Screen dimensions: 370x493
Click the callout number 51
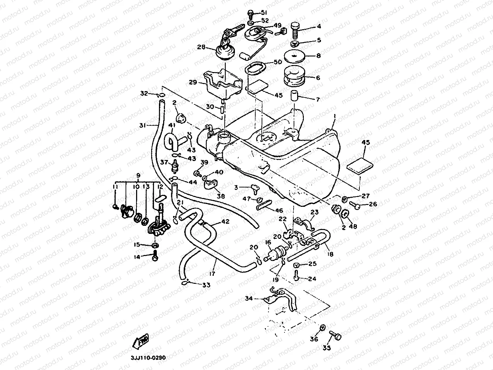[264, 13]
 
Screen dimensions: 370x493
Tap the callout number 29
[193, 82]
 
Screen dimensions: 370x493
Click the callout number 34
[249, 299]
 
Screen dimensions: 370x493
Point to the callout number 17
[212, 273]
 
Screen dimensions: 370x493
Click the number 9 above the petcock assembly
[137, 176]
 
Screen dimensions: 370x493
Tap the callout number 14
[137, 257]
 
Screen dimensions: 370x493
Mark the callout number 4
[319, 26]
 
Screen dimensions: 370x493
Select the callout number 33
[206, 285]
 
